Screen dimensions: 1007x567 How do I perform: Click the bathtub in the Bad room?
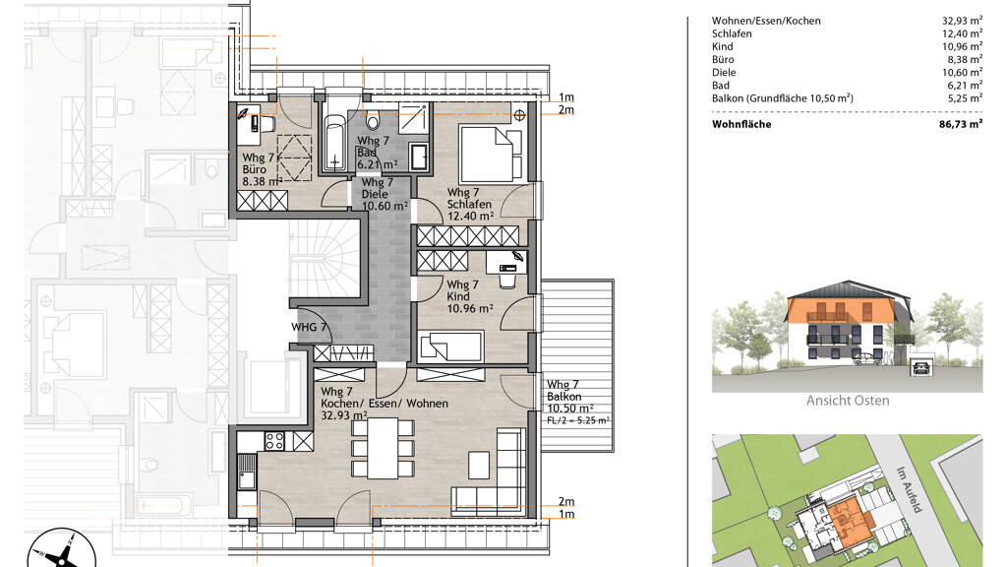334,142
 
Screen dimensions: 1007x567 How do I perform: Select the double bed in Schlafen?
491,154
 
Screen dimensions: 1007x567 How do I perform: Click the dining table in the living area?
383,448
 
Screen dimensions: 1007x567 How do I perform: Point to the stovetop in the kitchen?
275,441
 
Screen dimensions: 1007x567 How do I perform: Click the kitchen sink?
246,472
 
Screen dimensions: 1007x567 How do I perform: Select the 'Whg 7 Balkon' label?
563,391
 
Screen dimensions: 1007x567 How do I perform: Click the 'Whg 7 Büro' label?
259,163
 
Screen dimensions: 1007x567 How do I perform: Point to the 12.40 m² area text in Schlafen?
471,217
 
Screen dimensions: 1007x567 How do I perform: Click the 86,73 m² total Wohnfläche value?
960,124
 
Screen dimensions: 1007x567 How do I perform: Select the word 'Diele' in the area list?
724,73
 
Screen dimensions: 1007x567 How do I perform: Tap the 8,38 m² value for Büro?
963,60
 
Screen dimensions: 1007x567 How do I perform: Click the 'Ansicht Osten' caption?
848,401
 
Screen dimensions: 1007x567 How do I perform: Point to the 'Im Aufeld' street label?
910,489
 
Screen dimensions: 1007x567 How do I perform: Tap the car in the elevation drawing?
868,359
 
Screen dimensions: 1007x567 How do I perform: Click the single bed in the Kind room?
450,346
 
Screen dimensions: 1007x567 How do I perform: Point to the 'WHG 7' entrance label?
309,327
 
